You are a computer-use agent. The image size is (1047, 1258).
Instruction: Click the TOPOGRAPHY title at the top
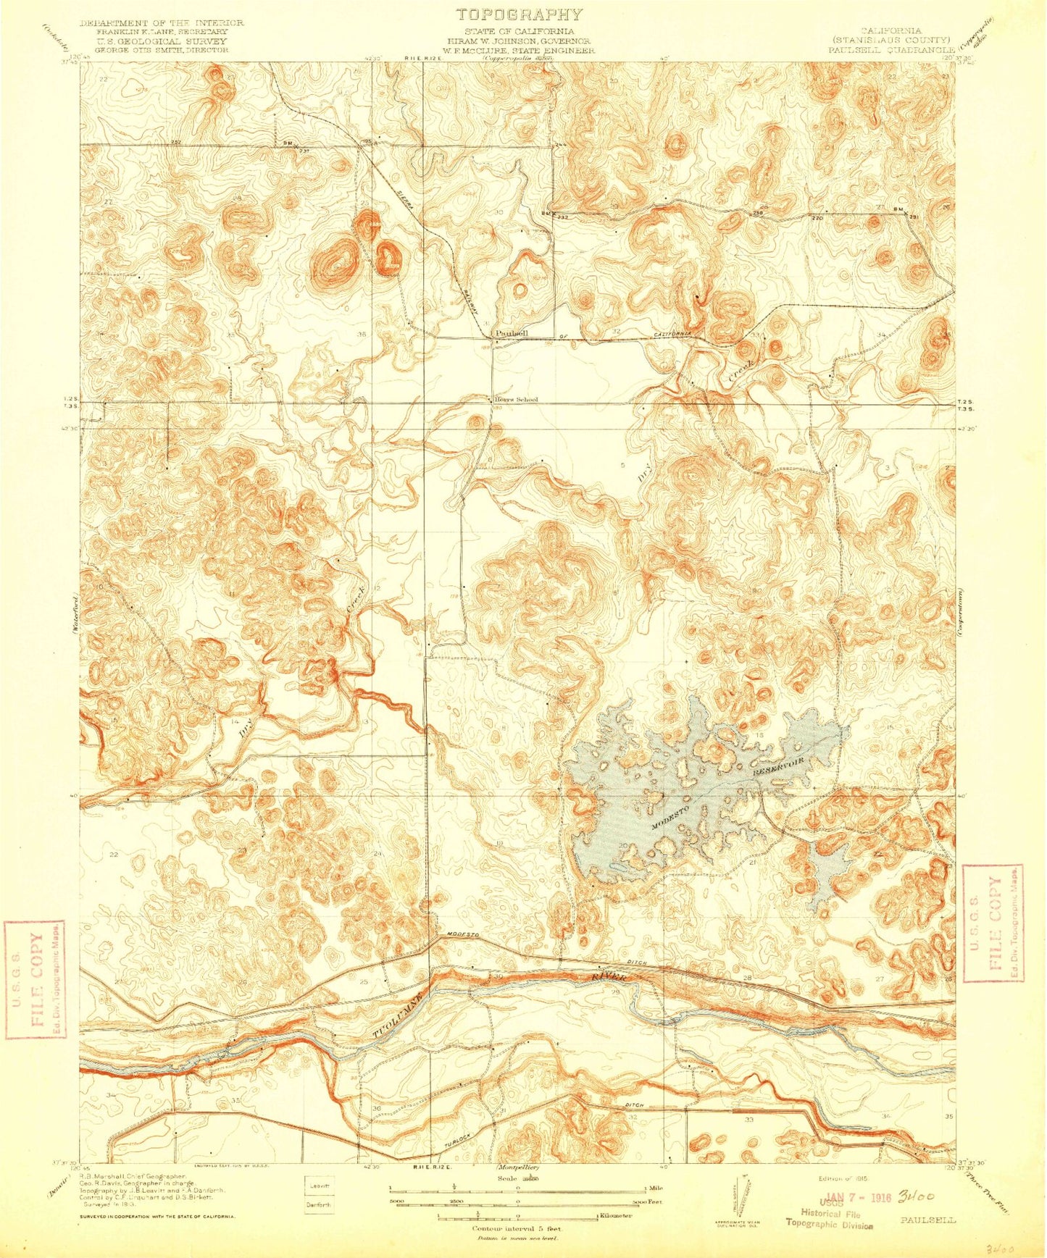(x=519, y=14)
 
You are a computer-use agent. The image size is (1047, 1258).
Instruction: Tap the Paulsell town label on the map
(x=512, y=332)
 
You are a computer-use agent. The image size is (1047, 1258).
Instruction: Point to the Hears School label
(x=516, y=399)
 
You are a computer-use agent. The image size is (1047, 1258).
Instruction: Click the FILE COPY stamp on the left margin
(x=35, y=979)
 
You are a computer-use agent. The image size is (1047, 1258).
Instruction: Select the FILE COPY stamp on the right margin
(x=992, y=923)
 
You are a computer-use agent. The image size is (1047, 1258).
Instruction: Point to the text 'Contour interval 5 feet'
(x=517, y=1229)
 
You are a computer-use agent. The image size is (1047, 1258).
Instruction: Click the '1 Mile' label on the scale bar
(x=654, y=1188)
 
